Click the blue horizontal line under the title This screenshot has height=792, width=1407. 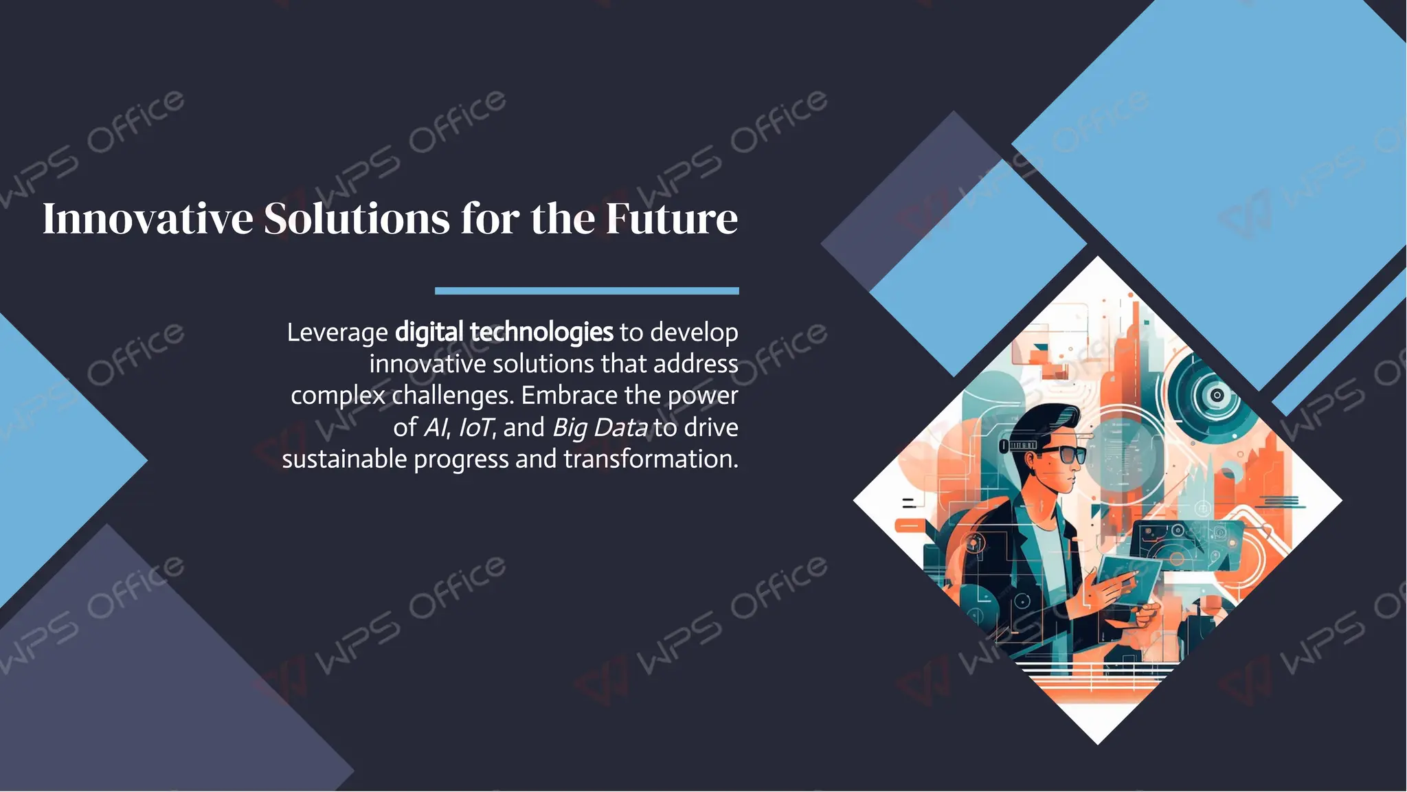[x=587, y=291]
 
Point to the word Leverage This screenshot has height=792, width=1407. [x=337, y=333]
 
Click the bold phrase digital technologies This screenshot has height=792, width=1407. [x=504, y=332]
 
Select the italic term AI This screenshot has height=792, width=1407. [x=436, y=428]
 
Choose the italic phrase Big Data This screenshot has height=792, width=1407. [x=600, y=428]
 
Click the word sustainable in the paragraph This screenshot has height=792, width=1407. [x=344, y=459]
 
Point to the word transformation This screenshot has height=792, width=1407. [x=651, y=459]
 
